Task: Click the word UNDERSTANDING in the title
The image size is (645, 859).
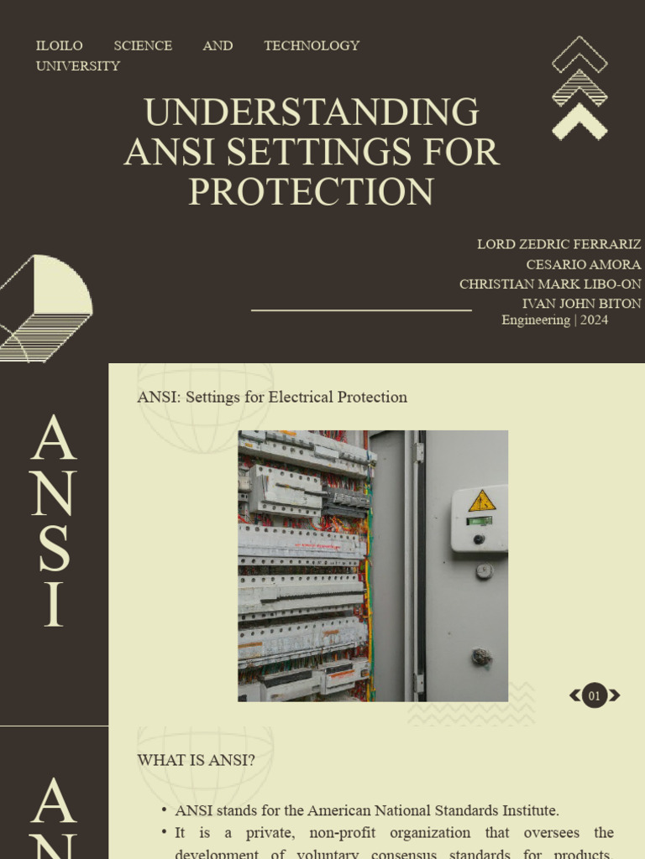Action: point(312,113)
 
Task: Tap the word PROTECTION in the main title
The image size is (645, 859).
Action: point(312,192)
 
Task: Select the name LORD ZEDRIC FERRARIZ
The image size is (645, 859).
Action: point(558,244)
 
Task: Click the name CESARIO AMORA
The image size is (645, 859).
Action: point(583,264)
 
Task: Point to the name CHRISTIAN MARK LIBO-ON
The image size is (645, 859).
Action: point(550,284)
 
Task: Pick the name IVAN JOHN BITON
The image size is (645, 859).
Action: point(581,304)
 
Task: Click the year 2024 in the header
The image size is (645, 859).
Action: point(594,320)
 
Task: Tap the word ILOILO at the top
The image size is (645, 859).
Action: point(59,45)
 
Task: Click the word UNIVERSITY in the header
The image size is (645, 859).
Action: point(78,65)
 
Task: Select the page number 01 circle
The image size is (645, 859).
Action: point(595,695)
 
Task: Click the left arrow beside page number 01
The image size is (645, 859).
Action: point(575,695)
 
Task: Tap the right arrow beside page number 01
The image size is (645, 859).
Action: point(615,695)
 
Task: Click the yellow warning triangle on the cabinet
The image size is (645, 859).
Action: point(482,502)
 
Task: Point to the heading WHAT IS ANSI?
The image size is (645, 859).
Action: point(197,760)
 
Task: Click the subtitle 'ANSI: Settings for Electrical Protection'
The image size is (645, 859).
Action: point(272,397)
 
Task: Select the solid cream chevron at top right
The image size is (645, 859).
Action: point(579,125)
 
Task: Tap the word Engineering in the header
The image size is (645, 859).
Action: point(536,320)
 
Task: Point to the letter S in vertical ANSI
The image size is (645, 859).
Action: point(54,549)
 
